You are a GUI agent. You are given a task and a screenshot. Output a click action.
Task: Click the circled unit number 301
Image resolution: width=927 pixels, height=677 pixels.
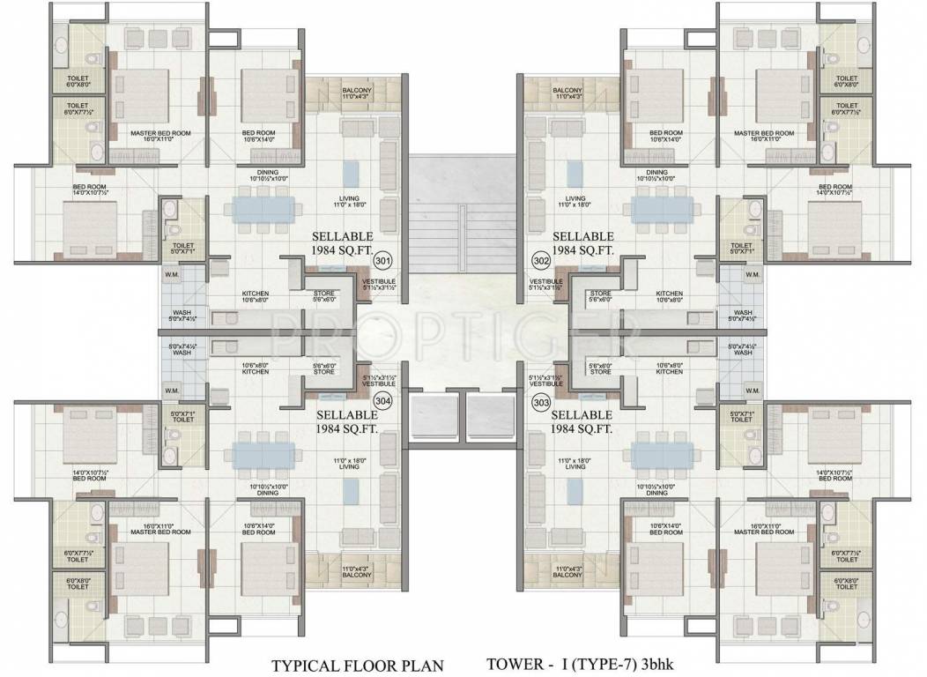pyautogui.click(x=382, y=260)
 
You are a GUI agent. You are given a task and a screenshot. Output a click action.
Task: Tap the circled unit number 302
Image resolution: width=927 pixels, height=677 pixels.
pyautogui.click(x=542, y=260)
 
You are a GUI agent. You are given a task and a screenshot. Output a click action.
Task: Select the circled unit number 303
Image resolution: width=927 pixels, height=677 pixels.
pyautogui.click(x=542, y=401)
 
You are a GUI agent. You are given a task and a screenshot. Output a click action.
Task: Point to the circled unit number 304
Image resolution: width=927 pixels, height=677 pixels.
pyautogui.click(x=382, y=401)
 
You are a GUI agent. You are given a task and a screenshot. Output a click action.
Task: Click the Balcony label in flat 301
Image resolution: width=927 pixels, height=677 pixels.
pyautogui.click(x=357, y=93)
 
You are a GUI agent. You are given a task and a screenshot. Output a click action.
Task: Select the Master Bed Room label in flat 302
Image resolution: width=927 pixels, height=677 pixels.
pyautogui.click(x=764, y=133)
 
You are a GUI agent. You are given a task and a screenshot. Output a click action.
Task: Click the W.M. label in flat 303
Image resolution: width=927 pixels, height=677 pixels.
pyautogui.click(x=753, y=390)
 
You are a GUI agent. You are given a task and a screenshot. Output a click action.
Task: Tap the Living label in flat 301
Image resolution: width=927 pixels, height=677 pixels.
pyautogui.click(x=350, y=201)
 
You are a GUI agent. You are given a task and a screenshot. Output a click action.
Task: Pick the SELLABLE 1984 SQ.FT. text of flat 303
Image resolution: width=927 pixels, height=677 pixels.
pyautogui.click(x=583, y=421)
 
